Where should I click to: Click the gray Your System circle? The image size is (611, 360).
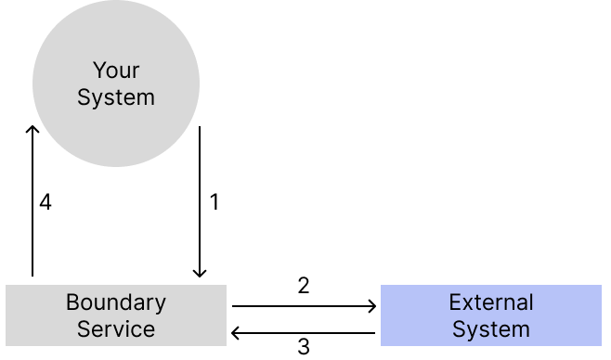point(116,84)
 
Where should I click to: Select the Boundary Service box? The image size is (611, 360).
point(116,315)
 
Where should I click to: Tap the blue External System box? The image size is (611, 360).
point(490,315)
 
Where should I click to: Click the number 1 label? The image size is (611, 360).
point(214,202)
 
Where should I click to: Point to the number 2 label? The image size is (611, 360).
point(304,286)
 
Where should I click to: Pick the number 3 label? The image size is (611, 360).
point(304,347)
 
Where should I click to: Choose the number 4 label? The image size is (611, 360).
point(45,202)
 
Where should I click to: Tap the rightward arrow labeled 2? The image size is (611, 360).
point(305,304)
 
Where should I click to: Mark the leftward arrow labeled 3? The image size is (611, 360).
point(305,332)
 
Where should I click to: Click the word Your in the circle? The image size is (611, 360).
point(116,71)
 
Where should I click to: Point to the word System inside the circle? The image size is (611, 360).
point(116,97)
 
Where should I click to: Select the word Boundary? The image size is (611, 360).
point(116,302)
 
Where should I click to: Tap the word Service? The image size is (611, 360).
point(116,328)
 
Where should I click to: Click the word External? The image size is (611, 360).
point(491,302)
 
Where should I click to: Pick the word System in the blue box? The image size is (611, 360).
point(491,328)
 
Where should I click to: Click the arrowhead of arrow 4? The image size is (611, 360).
point(32,130)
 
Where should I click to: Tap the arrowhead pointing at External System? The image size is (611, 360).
point(372,304)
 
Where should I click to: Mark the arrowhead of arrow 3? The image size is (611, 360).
point(236,332)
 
